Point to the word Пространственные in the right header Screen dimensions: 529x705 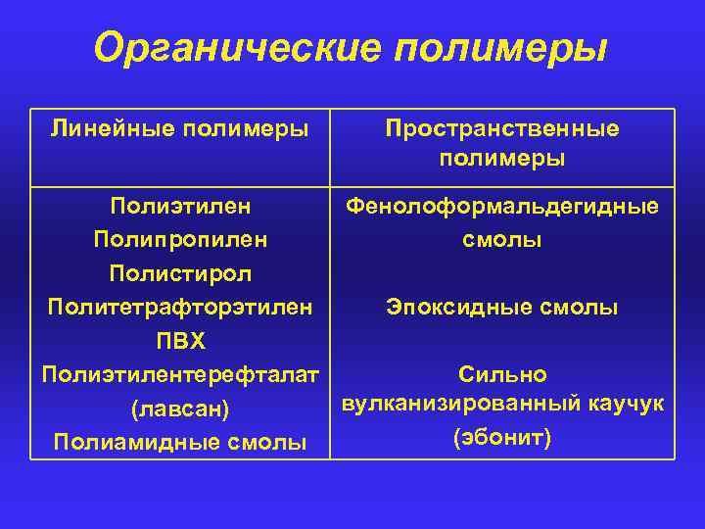coord(502,128)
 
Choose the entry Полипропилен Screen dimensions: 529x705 coord(180,239)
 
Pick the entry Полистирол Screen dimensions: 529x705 coord(180,273)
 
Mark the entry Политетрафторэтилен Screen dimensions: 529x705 coord(180,308)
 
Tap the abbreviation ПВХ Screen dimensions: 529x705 coord(180,341)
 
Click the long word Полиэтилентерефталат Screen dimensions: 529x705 coord(180,375)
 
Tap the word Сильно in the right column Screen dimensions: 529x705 coord(502,374)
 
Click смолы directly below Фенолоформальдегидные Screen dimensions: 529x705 coord(502,239)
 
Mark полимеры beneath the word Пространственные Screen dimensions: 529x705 coord(502,159)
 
